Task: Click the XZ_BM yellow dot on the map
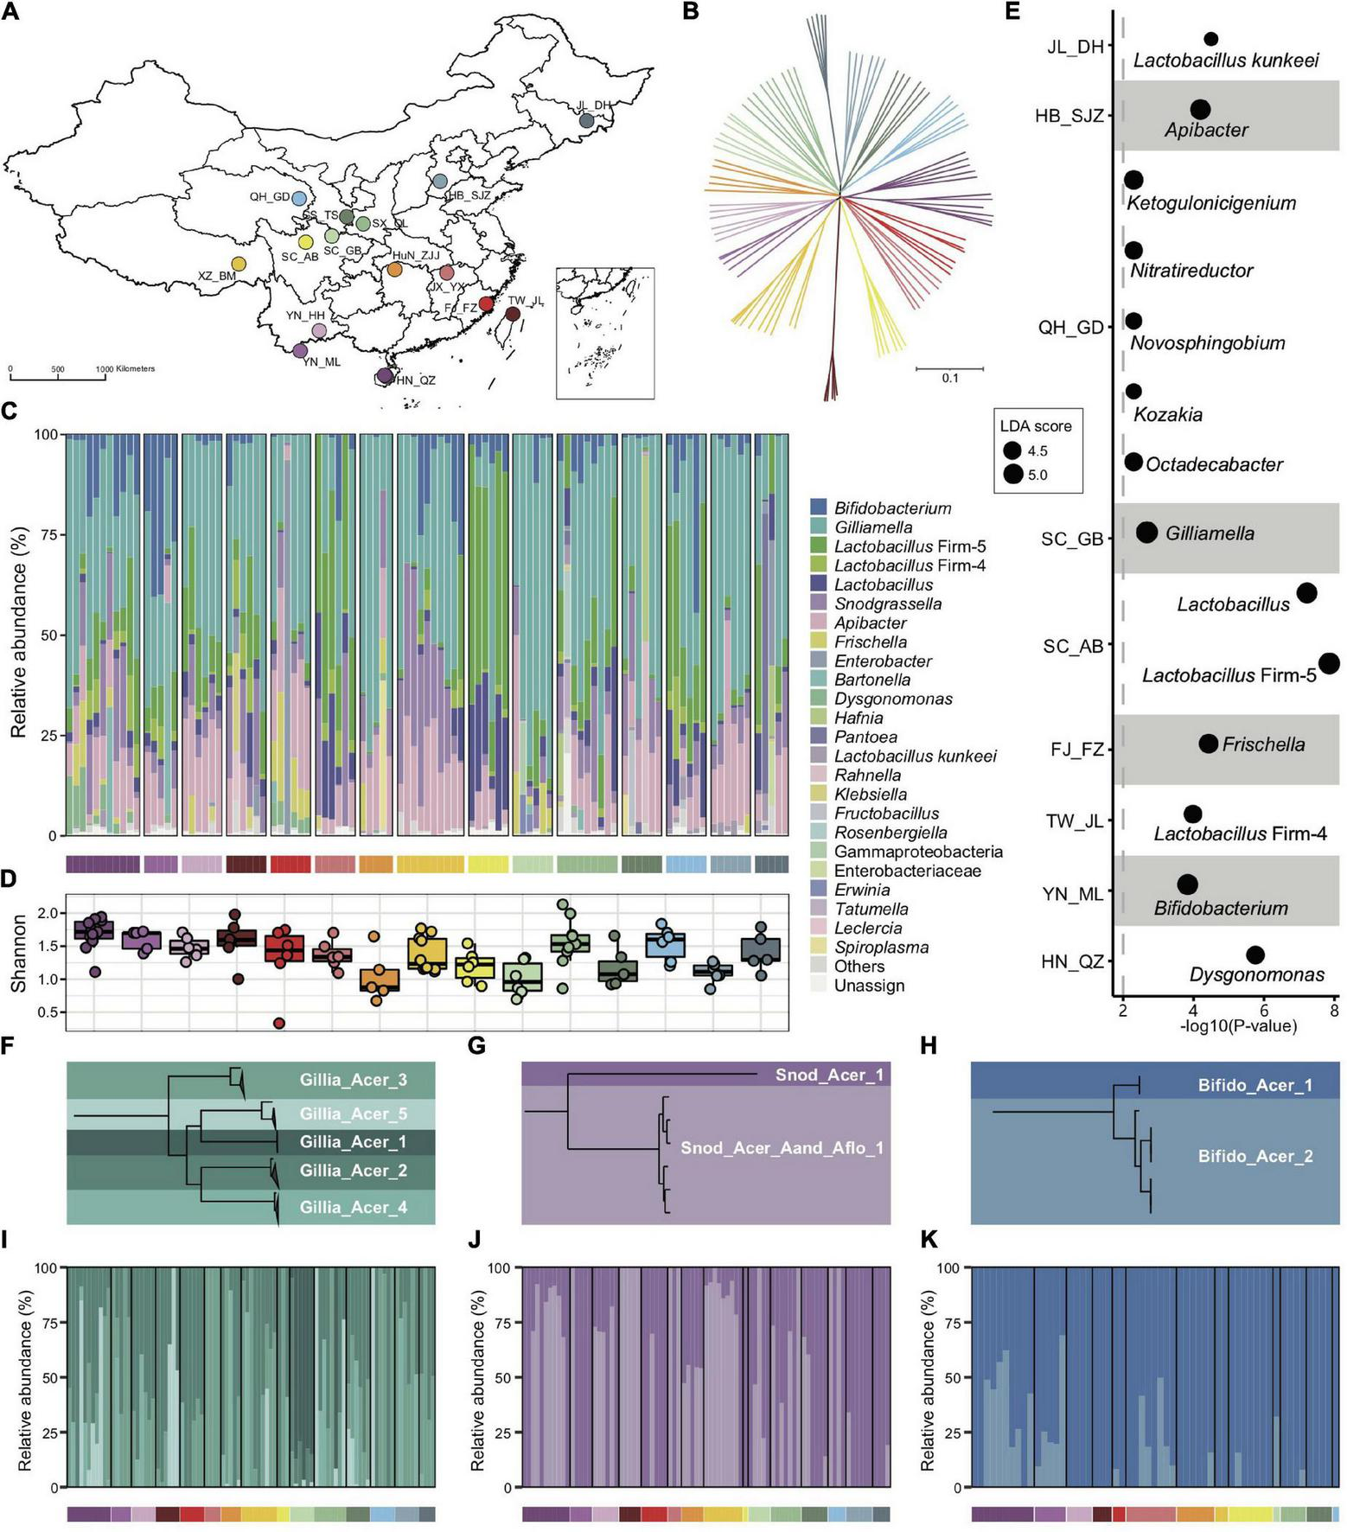click(239, 264)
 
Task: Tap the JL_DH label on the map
click(593, 105)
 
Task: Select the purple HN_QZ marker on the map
click(385, 375)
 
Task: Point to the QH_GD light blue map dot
click(299, 198)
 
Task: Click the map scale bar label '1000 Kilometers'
click(125, 369)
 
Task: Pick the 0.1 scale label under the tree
click(950, 378)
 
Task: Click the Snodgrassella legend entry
click(888, 603)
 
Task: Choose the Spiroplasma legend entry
click(881, 947)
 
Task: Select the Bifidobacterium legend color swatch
click(820, 508)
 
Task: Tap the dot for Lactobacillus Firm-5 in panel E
click(1329, 663)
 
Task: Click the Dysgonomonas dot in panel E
click(1255, 954)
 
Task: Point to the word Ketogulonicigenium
click(1211, 203)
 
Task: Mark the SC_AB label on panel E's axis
click(1073, 647)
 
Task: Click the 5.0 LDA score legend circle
click(1012, 474)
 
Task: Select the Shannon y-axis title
click(17, 953)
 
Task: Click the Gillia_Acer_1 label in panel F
click(353, 1142)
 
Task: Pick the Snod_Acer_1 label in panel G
click(829, 1075)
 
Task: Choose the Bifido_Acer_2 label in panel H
click(1254, 1156)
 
